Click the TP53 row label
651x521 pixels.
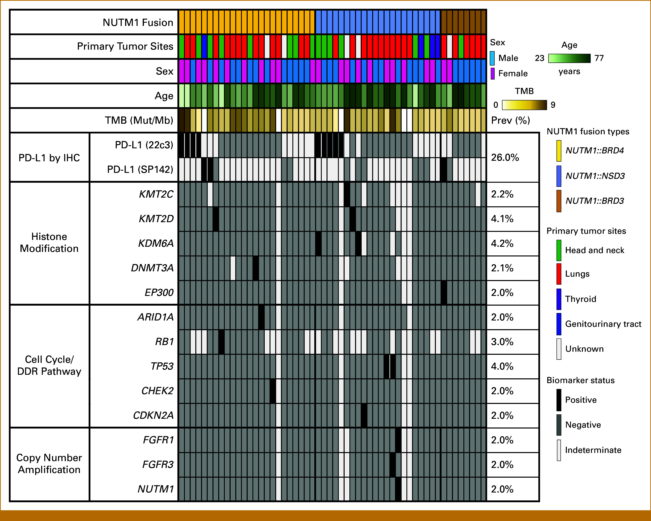(162, 366)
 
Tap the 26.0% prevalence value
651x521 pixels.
(505, 157)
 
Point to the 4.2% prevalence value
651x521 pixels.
(502, 243)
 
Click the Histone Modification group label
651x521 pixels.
(49, 242)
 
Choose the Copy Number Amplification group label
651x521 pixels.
(49, 464)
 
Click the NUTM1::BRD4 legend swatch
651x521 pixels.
(559, 151)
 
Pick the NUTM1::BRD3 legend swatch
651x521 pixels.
(559, 201)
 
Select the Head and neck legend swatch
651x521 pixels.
(559, 250)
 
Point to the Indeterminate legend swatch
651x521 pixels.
(559, 450)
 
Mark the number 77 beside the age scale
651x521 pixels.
(599, 58)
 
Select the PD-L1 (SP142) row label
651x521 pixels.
(140, 169)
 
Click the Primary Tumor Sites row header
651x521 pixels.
(125, 46)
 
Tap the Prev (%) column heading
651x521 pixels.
(511, 120)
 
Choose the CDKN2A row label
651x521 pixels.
(153, 415)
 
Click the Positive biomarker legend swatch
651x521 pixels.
(559, 400)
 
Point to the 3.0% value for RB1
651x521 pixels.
(502, 342)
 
